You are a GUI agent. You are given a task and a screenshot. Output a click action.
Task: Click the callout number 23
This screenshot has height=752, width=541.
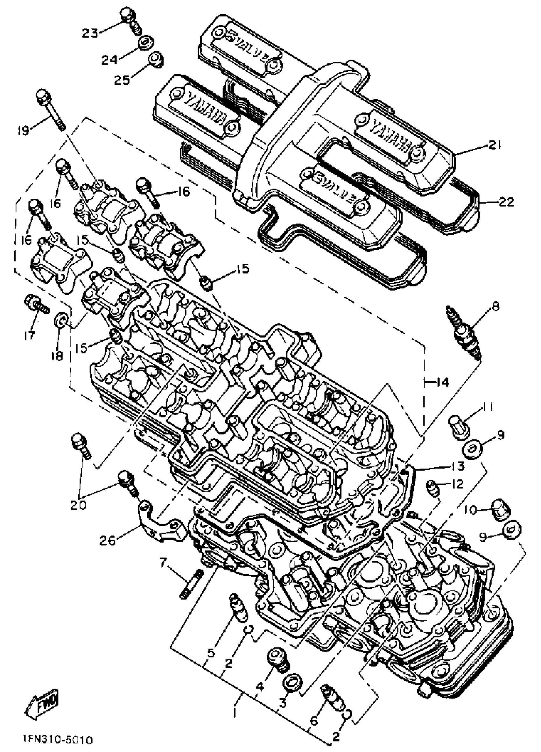(x=90, y=33)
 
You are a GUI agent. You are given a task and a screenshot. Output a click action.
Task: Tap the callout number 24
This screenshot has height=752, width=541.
(x=110, y=60)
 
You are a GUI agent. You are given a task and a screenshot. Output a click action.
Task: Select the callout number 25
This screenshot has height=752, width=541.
(x=123, y=80)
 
